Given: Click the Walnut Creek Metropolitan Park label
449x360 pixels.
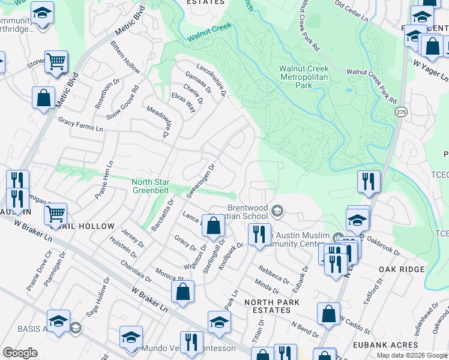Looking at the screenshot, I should [304, 77].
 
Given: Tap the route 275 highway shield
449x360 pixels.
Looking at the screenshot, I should [400, 112].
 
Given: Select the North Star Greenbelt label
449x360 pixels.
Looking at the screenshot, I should [151, 186].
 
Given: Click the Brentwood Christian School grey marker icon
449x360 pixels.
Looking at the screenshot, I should [277, 210].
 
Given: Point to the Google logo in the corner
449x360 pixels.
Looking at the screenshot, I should [20, 353].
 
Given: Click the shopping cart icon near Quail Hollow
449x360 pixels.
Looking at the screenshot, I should [55, 213].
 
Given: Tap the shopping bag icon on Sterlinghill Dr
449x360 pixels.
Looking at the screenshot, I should [213, 226].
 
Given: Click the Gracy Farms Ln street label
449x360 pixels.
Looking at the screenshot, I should [80, 124].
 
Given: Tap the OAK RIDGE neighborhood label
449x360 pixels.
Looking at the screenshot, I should [403, 269].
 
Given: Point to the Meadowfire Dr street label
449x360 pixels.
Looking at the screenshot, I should [157, 122].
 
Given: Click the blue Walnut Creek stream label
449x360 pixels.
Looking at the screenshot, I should [208, 32].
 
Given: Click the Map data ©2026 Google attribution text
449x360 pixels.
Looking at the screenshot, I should [412, 355].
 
